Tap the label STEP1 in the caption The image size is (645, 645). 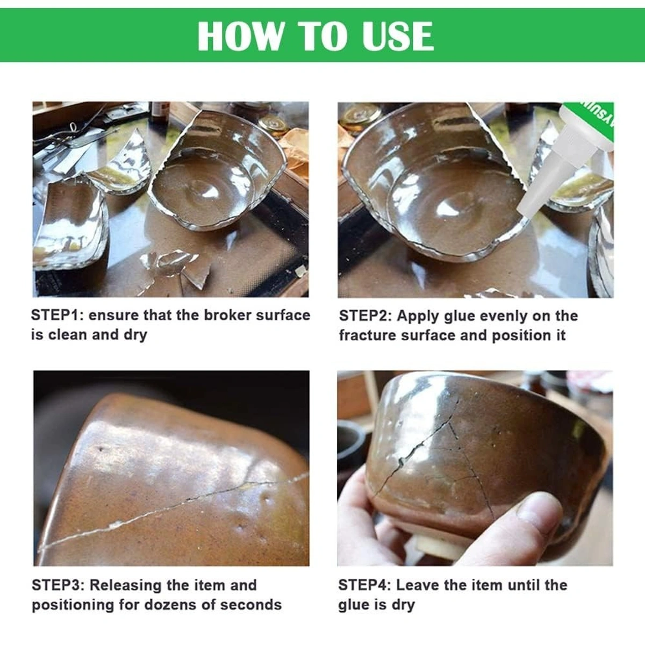pyautogui.click(x=53, y=315)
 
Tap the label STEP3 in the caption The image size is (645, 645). pyautogui.click(x=56, y=585)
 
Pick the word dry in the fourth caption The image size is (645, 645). pyautogui.click(x=403, y=605)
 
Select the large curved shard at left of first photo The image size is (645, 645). pyautogui.click(x=70, y=226)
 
